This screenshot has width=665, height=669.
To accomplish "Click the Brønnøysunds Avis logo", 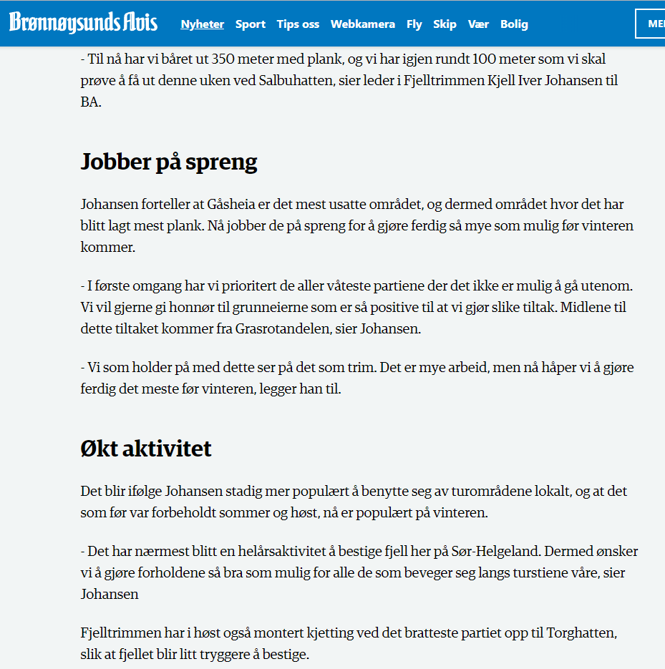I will coord(83,23).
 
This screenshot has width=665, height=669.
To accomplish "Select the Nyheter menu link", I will coord(203,24).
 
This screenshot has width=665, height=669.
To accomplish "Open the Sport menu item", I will coord(251,24).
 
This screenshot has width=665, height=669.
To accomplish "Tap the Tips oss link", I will coord(298,24).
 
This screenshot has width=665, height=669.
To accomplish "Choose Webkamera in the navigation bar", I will coord(363,24).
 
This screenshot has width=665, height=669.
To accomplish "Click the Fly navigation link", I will coord(414,24).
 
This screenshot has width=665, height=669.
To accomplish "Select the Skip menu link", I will coord(445,24).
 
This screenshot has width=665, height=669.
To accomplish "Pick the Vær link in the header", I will coord(478,24).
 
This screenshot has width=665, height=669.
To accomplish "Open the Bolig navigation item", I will coord(514,24).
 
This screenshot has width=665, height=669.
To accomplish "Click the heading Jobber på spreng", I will coord(169,162).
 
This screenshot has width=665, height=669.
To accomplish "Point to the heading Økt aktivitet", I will coord(146,449).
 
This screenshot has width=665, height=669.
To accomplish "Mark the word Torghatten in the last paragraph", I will coord(581,633).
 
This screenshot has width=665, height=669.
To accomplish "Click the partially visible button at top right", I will coord(651,24).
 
